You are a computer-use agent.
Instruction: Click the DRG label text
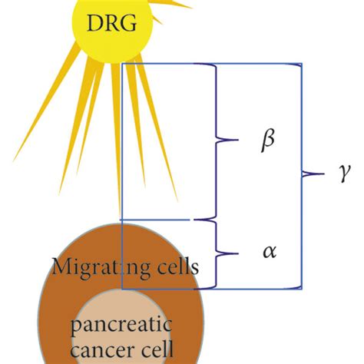[108, 25]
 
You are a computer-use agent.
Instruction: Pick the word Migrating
[96, 268]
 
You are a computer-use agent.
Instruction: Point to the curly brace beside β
[223, 141]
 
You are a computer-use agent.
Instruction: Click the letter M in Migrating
[60, 266]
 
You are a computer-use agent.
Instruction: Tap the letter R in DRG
[108, 25]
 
